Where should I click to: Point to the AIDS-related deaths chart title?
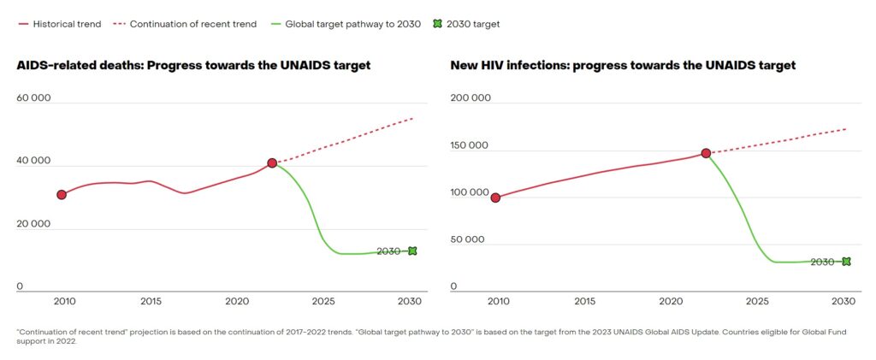tap(193, 65)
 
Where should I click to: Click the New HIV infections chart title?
tap(623, 65)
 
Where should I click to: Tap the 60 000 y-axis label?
tap(34, 97)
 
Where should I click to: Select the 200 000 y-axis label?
tap(470, 97)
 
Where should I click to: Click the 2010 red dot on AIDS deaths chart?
tap(62, 195)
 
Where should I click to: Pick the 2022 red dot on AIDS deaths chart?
tap(272, 162)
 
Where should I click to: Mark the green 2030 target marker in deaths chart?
tap(412, 251)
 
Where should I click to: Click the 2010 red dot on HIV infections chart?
tap(495, 198)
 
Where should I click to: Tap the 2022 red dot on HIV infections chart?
tap(706, 153)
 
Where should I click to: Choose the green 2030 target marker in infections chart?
tap(846, 261)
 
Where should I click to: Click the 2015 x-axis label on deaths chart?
tap(151, 301)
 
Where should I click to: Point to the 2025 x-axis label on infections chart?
tap(757, 301)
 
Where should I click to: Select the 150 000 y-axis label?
tap(470, 145)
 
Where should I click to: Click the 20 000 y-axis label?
tap(34, 224)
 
